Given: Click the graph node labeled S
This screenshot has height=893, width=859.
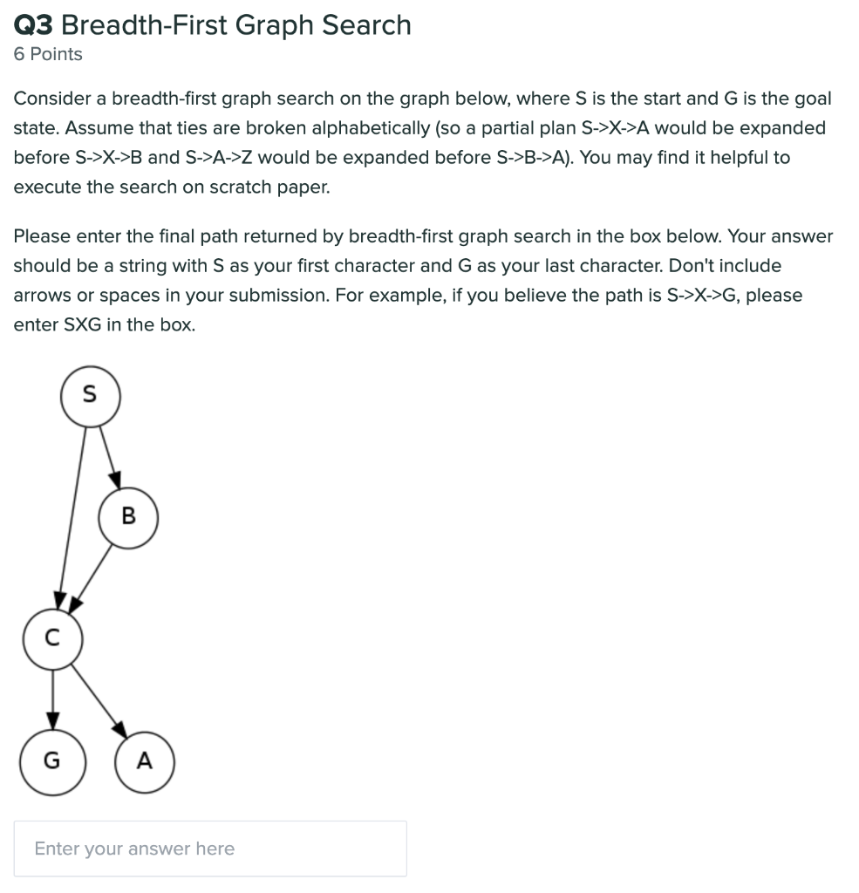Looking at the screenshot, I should point(90,396).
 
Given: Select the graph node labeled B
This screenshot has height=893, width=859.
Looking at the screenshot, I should point(128,517).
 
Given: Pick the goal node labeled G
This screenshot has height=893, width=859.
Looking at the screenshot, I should point(52,761).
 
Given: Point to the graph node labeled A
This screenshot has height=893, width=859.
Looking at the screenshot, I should point(145,761).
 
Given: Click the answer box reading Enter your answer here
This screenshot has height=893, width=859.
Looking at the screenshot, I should point(210,849).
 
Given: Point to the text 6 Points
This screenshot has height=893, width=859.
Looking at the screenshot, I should point(48,54).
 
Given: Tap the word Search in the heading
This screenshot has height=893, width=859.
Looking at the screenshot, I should point(366,24).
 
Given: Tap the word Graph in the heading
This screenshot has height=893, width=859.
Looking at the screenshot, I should point(274,24).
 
